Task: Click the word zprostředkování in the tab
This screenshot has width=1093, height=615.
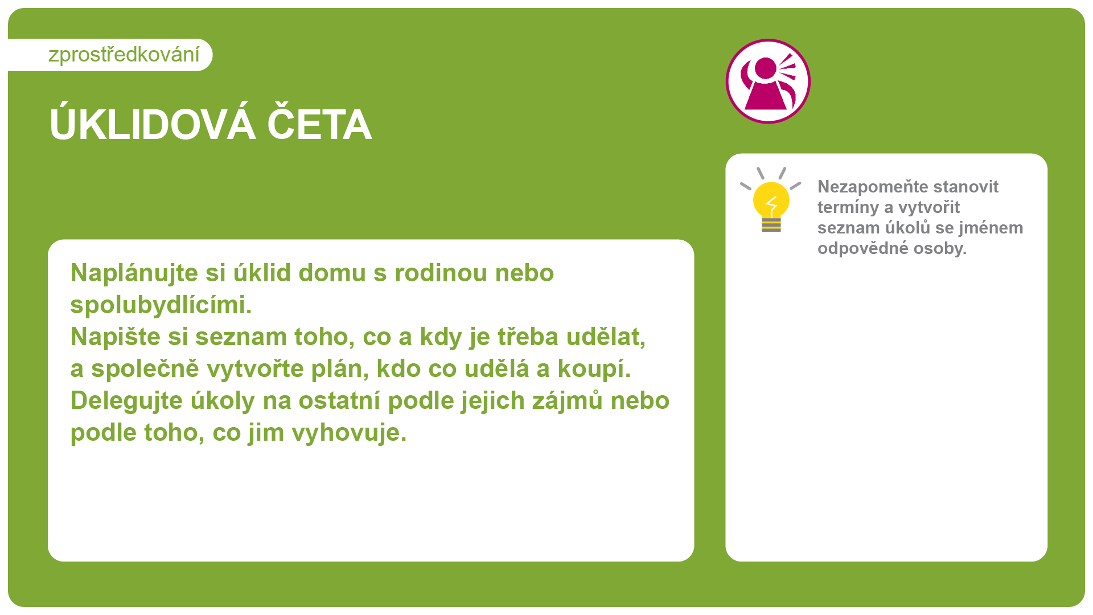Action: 124,55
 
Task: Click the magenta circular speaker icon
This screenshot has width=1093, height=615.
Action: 768,81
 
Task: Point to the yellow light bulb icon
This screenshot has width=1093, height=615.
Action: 771,200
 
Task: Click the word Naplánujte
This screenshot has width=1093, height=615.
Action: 134,274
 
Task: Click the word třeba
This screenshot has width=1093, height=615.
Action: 528,337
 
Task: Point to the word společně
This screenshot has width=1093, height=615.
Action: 145,370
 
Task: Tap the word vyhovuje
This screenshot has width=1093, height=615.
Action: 349,433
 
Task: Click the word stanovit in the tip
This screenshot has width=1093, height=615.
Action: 966,187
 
